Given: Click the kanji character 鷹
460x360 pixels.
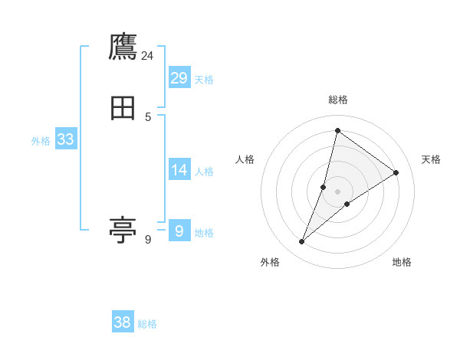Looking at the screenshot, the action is coord(123,47).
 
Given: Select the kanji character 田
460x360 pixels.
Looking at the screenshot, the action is coord(123,110).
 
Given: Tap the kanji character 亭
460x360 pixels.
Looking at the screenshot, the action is coord(123,229).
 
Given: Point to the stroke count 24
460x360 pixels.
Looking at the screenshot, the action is coord(148,56).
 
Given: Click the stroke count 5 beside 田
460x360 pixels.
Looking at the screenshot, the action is coord(148,117).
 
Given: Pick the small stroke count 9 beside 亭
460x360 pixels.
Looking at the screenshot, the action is coord(148,240).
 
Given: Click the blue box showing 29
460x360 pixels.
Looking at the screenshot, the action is coord(179,78).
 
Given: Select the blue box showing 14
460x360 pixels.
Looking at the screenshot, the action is coord(179,170).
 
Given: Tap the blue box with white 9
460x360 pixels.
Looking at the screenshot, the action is coord(179,231).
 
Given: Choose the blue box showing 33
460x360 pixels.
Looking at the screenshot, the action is coord(65,139).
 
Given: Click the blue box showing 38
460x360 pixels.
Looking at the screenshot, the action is coord(123,322).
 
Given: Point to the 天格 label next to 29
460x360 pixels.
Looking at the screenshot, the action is coord(204,80).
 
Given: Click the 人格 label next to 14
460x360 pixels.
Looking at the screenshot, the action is coord(204,172).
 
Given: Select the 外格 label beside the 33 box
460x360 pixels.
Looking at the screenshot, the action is coord(41,141).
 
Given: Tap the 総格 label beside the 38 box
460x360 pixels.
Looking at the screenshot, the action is coord(147,324).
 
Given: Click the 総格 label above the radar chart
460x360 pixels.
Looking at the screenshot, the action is coord(337,100).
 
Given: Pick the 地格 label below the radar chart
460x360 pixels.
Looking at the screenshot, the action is coord(402,262).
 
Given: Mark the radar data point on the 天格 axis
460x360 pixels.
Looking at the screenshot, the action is coord(396,172).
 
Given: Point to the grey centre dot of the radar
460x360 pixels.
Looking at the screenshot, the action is coord(337,191).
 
